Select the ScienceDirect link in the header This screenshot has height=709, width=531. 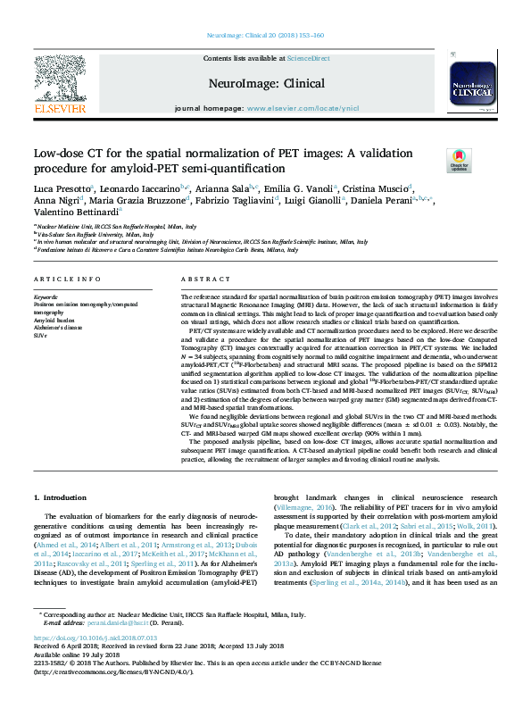pos(309,58)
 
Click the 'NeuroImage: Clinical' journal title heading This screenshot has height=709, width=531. pos(266,81)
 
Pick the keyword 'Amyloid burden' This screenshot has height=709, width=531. pos(52,321)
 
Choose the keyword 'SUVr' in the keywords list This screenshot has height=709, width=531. pos(41,336)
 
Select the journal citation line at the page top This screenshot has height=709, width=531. pos(265,35)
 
